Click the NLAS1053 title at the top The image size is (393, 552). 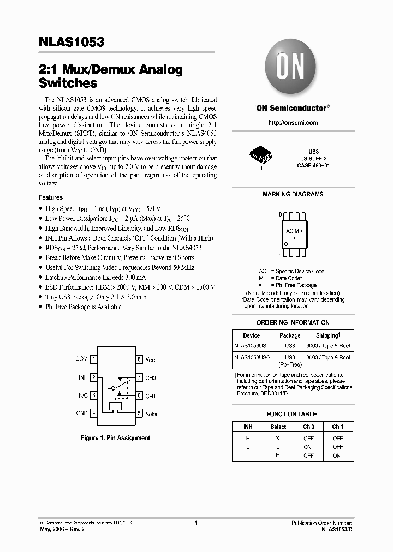pyautogui.click(x=72, y=43)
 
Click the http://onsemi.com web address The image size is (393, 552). pyautogui.click(x=293, y=123)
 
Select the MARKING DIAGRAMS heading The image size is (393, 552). pyautogui.click(x=293, y=194)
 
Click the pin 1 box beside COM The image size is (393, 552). pyautogui.click(x=94, y=359)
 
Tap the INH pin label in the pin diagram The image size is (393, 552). pyautogui.click(x=83, y=377)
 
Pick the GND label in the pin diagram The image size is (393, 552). pyautogui.click(x=82, y=413)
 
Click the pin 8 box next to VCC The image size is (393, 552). pyautogui.click(x=139, y=359)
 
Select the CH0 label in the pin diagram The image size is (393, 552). pyautogui.click(x=151, y=377)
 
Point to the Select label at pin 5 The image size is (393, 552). pyautogui.click(x=153, y=414)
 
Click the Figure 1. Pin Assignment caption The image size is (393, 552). pyautogui.click(x=115, y=438)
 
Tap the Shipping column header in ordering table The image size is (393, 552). pyautogui.click(x=329, y=335)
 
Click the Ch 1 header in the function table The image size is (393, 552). pyautogui.click(x=338, y=427)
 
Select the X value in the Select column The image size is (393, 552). pyautogui.click(x=278, y=438)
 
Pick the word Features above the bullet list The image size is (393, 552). pyautogui.click(x=51, y=197)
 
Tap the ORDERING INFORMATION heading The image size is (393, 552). pyautogui.click(x=293, y=323)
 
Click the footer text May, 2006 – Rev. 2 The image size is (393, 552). pyautogui.click(x=61, y=530)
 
